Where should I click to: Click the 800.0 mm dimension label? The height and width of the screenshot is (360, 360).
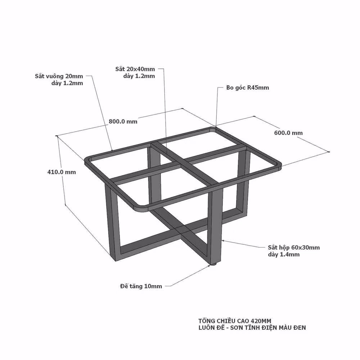tap(123, 121)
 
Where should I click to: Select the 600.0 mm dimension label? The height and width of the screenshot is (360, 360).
tap(288, 133)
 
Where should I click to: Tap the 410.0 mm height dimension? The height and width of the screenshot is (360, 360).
tap(62, 172)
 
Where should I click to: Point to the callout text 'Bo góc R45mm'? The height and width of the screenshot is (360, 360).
tap(248, 87)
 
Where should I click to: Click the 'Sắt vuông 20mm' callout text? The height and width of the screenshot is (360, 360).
tap(59, 76)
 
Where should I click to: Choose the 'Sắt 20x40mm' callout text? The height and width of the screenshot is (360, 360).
tap(135, 69)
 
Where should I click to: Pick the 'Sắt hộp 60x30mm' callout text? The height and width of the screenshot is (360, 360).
tap(294, 248)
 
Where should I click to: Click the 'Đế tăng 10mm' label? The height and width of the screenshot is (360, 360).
tap(141, 286)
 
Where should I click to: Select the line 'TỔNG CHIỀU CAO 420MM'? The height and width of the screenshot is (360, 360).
tap(235, 321)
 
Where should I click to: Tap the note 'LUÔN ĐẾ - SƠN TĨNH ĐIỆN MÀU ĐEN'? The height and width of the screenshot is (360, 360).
tap(252, 328)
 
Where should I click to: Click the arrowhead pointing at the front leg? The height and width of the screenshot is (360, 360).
tap(223, 240)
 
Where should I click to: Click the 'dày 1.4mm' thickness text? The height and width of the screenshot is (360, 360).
tap(284, 255)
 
